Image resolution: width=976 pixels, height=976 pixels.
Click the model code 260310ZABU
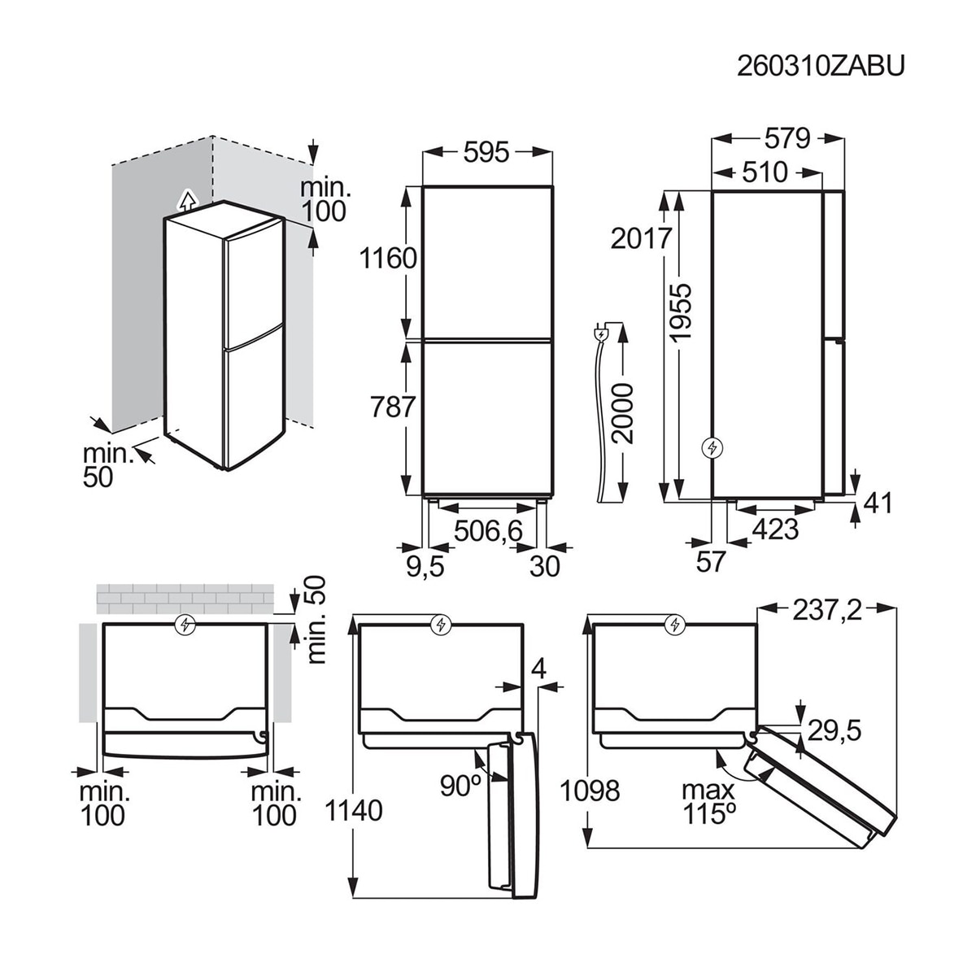820,67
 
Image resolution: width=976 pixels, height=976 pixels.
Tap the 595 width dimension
486,151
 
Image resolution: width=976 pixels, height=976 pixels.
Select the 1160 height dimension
388,259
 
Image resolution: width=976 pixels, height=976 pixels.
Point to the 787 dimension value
393,406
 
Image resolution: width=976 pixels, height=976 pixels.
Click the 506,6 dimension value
488,531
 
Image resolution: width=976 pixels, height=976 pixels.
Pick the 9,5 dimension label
425,566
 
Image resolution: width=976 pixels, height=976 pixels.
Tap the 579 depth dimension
787,139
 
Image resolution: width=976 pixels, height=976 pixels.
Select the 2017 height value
641,238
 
